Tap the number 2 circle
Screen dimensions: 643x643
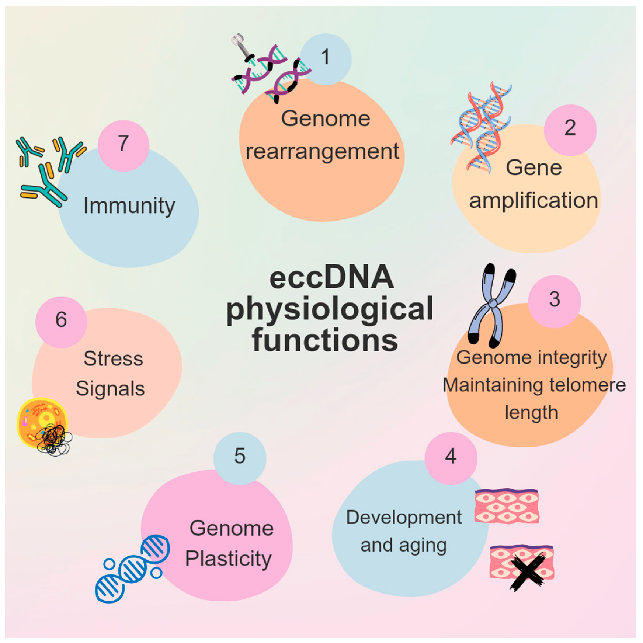coord(570,130)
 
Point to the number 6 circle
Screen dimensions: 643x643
coord(61,322)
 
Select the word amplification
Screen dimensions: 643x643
coord(533,201)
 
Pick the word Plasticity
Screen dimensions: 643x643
coord(228,558)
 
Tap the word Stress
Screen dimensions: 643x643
coord(113,359)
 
